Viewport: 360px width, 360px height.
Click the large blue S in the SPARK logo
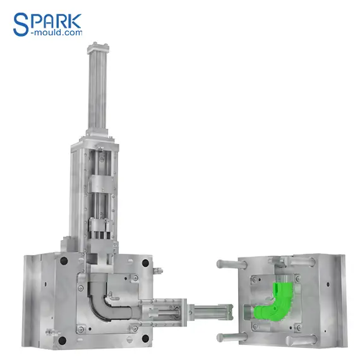(x=21, y=25)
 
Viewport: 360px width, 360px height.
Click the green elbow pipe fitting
(x=274, y=303)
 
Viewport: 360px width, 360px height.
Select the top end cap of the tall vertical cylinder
(x=98, y=48)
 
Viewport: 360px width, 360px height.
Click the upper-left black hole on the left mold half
(x=64, y=261)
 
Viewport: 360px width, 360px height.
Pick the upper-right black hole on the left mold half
(x=145, y=263)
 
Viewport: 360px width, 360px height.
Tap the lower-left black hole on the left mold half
(x=63, y=340)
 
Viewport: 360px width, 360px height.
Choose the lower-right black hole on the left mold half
(x=145, y=339)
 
